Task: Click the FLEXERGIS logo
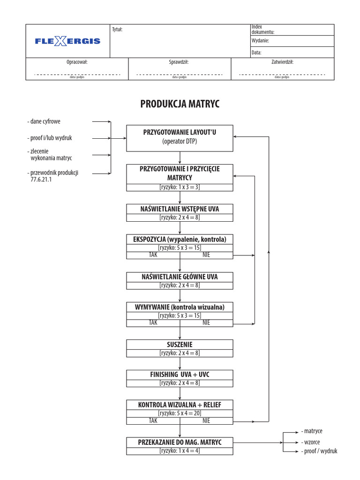tap(67, 41)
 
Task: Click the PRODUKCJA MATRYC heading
tap(180, 104)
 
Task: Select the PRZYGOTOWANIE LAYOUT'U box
tap(180, 138)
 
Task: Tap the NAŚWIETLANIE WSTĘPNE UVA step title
tap(180, 209)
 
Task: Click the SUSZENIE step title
tap(180, 345)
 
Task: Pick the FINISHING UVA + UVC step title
tap(180, 375)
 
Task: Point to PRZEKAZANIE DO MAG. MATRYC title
tap(180, 442)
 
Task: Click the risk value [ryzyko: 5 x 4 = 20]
tap(180, 413)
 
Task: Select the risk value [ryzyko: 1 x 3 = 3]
tap(180, 187)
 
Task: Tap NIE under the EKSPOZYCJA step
tap(206, 255)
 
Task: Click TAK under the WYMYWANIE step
tap(153, 322)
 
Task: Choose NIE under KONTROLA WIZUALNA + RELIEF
tap(206, 420)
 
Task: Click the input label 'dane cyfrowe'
tap(45, 121)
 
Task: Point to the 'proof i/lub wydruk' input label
tap(49, 138)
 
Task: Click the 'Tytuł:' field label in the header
tap(117, 30)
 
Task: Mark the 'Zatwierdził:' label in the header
tap(282, 61)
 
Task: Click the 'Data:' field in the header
tap(256, 53)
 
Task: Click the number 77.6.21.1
tap(41, 179)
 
